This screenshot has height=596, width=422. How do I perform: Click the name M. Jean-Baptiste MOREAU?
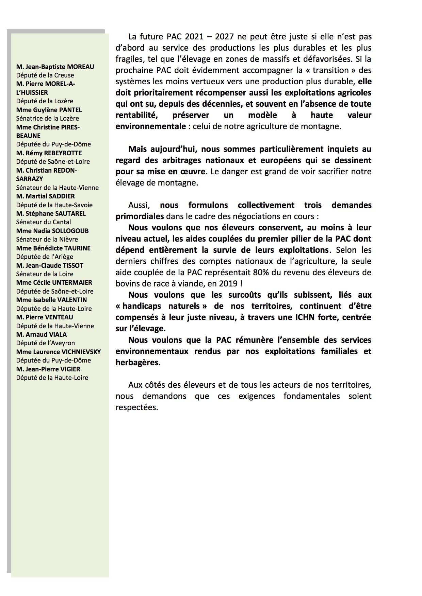click(55, 67)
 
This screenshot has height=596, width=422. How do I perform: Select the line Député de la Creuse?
click(45, 75)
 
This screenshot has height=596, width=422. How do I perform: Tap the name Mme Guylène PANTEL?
click(49, 110)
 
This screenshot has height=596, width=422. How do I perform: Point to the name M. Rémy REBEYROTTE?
click(49, 153)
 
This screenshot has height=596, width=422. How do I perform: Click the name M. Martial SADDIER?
click(45, 196)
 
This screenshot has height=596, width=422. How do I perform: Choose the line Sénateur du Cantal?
click(44, 222)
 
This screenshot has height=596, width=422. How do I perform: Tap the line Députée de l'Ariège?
click(45, 257)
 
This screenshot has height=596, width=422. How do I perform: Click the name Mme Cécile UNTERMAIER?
click(54, 283)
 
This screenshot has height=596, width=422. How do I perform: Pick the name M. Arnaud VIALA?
click(42, 335)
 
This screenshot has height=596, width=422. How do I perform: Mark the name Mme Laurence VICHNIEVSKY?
click(59, 352)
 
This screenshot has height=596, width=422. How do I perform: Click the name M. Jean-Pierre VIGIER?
click(48, 369)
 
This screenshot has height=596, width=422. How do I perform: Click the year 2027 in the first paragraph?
click(224, 37)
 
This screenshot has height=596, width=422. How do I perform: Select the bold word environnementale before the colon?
click(150, 126)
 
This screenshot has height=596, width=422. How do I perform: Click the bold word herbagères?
click(137, 363)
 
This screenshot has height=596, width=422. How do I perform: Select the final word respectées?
click(137, 407)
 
